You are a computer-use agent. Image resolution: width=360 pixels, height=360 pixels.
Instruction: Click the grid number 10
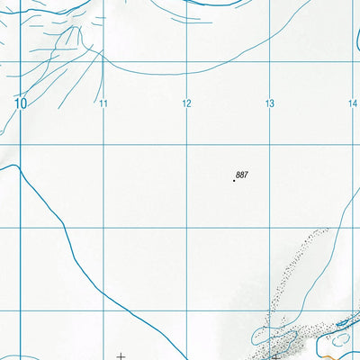pyautogui.click(x=21, y=103)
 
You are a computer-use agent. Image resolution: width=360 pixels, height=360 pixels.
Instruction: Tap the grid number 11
pyautogui.click(x=104, y=104)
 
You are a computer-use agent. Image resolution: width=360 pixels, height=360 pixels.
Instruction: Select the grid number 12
pyautogui.click(x=186, y=104)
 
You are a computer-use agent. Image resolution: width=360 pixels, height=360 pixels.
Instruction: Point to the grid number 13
pyautogui.click(x=269, y=104)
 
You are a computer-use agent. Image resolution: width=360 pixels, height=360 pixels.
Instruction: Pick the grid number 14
pyautogui.click(x=353, y=104)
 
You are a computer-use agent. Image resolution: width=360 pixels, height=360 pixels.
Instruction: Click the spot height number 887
pyautogui.click(x=241, y=174)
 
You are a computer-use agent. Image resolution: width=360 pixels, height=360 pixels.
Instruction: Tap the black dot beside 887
pyautogui.click(x=235, y=181)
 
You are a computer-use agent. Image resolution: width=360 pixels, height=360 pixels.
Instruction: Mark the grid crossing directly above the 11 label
pyautogui.click(x=103, y=61)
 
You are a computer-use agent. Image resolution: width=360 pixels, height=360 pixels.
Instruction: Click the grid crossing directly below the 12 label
pyautogui.click(x=187, y=145)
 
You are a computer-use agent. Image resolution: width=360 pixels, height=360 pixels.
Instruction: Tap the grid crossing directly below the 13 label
pyautogui.click(x=270, y=145)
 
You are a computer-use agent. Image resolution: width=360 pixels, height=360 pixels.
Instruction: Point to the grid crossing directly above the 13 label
pyautogui.click(x=270, y=61)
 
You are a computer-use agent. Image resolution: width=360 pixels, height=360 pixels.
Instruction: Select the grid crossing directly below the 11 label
pyautogui.click(x=103, y=145)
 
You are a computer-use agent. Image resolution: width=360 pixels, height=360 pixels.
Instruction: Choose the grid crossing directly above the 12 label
pyautogui.click(x=187, y=61)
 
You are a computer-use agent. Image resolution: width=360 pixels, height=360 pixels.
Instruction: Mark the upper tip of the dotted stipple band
pyautogui.click(x=324, y=231)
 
